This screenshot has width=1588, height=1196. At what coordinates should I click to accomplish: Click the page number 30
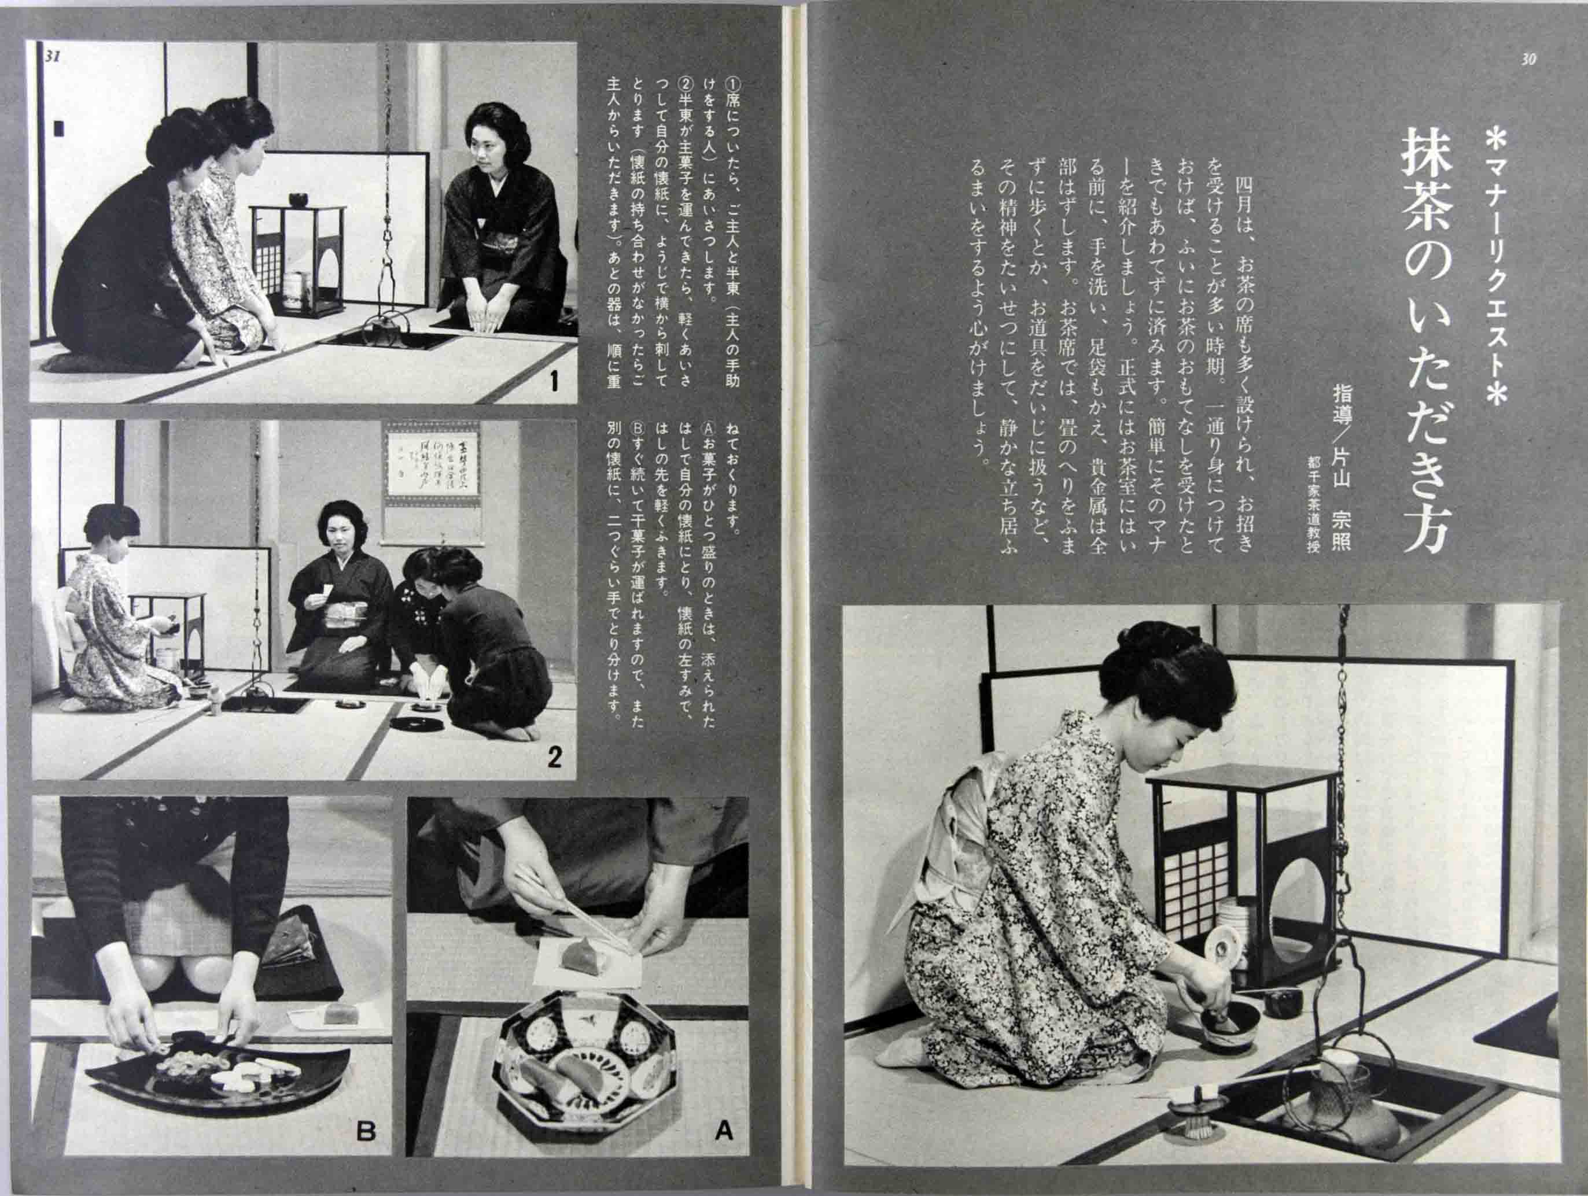tap(1528, 60)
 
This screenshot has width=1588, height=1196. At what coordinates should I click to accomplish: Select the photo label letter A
tap(723, 1131)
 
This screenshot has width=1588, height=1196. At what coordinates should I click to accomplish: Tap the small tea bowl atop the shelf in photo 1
tap(297, 198)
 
